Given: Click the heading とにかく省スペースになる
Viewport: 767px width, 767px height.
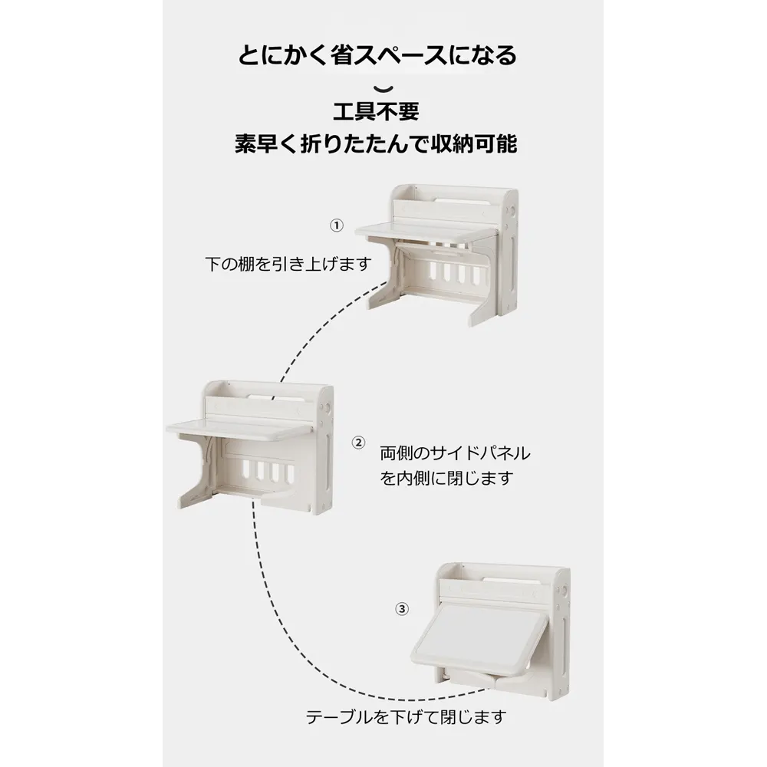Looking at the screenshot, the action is point(377,55).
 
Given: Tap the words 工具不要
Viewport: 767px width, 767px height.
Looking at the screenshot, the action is point(376,112).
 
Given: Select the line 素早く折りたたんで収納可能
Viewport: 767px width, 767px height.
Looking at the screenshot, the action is point(376,144).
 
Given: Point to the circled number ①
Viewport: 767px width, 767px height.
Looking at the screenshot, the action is point(337,225).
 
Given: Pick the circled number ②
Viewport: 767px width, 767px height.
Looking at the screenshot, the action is point(358,443).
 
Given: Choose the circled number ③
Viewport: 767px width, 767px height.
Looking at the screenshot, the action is point(402,608).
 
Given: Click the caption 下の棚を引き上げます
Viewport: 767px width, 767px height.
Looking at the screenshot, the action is point(288,264).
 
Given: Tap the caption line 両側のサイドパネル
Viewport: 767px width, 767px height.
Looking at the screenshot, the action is point(456,453).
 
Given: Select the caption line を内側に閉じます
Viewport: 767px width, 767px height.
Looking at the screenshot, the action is point(446,478).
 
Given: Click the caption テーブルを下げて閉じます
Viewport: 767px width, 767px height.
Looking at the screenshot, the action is point(406,718).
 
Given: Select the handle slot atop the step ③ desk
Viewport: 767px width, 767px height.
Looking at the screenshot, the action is point(510,580).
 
